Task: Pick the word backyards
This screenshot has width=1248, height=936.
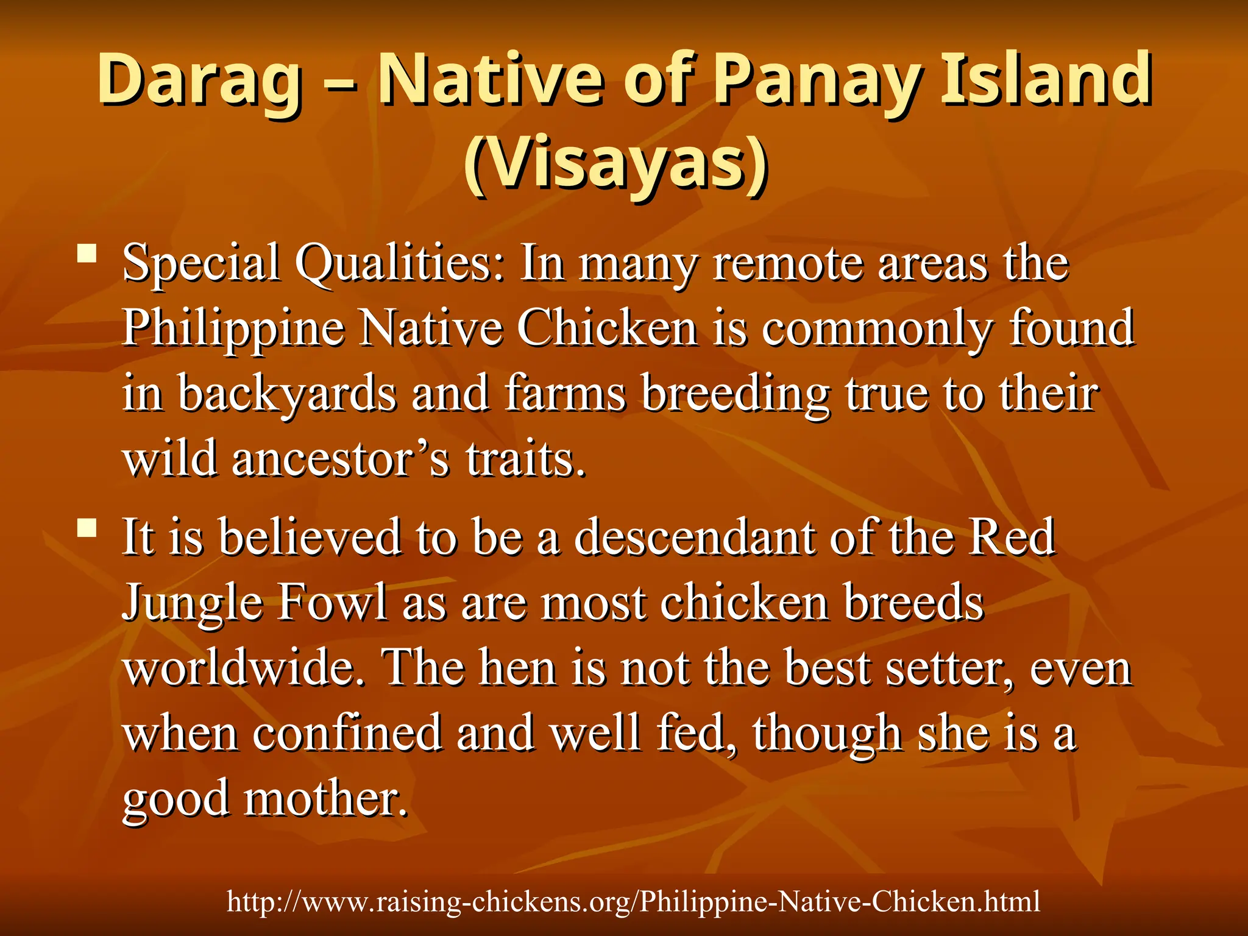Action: point(287,395)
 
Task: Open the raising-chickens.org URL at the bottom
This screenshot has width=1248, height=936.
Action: point(633,901)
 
